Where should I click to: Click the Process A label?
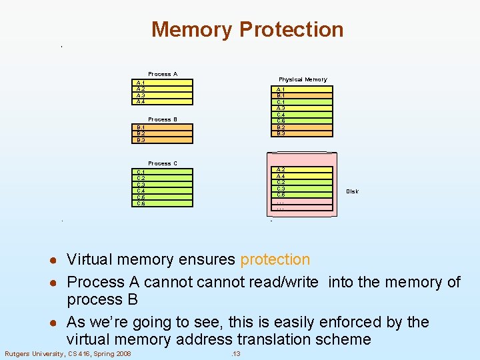click(x=163, y=74)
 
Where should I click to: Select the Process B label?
click(x=163, y=119)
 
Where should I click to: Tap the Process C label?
click(x=163, y=163)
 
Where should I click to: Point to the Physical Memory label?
click(x=303, y=79)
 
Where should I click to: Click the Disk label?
click(x=352, y=191)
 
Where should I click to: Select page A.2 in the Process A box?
click(x=163, y=89)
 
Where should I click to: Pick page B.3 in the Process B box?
click(x=163, y=140)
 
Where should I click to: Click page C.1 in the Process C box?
click(x=163, y=172)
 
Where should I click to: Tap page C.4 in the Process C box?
click(x=163, y=191)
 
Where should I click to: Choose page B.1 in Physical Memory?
click(x=303, y=95)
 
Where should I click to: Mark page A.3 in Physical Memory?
click(x=303, y=108)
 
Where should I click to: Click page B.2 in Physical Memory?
click(x=303, y=127)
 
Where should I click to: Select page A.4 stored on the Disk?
click(x=303, y=176)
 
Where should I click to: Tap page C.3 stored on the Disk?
click(x=303, y=189)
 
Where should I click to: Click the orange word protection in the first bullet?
click(x=275, y=259)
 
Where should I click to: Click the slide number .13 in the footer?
click(x=235, y=353)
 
